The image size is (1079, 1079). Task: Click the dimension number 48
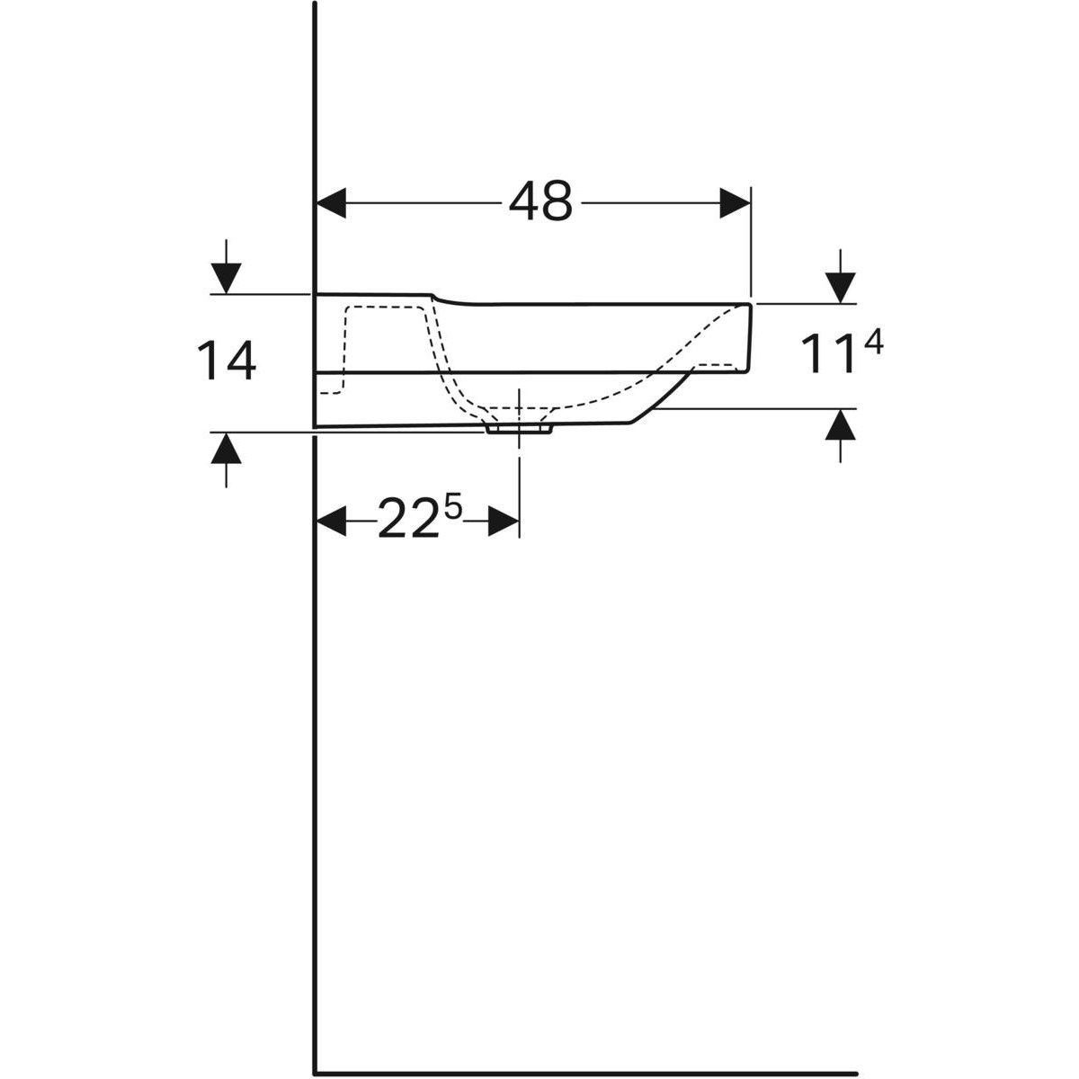click(539, 201)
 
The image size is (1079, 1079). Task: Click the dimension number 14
click(226, 361)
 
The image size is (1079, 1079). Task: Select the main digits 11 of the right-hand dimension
click(825, 355)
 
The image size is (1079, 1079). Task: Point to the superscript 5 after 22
click(452, 508)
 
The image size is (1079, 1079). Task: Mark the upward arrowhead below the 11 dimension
click(841, 424)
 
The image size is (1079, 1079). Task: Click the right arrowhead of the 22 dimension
click(504, 521)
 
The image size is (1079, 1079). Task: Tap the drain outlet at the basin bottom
click(519, 430)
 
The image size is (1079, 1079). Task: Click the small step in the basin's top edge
click(437, 298)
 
